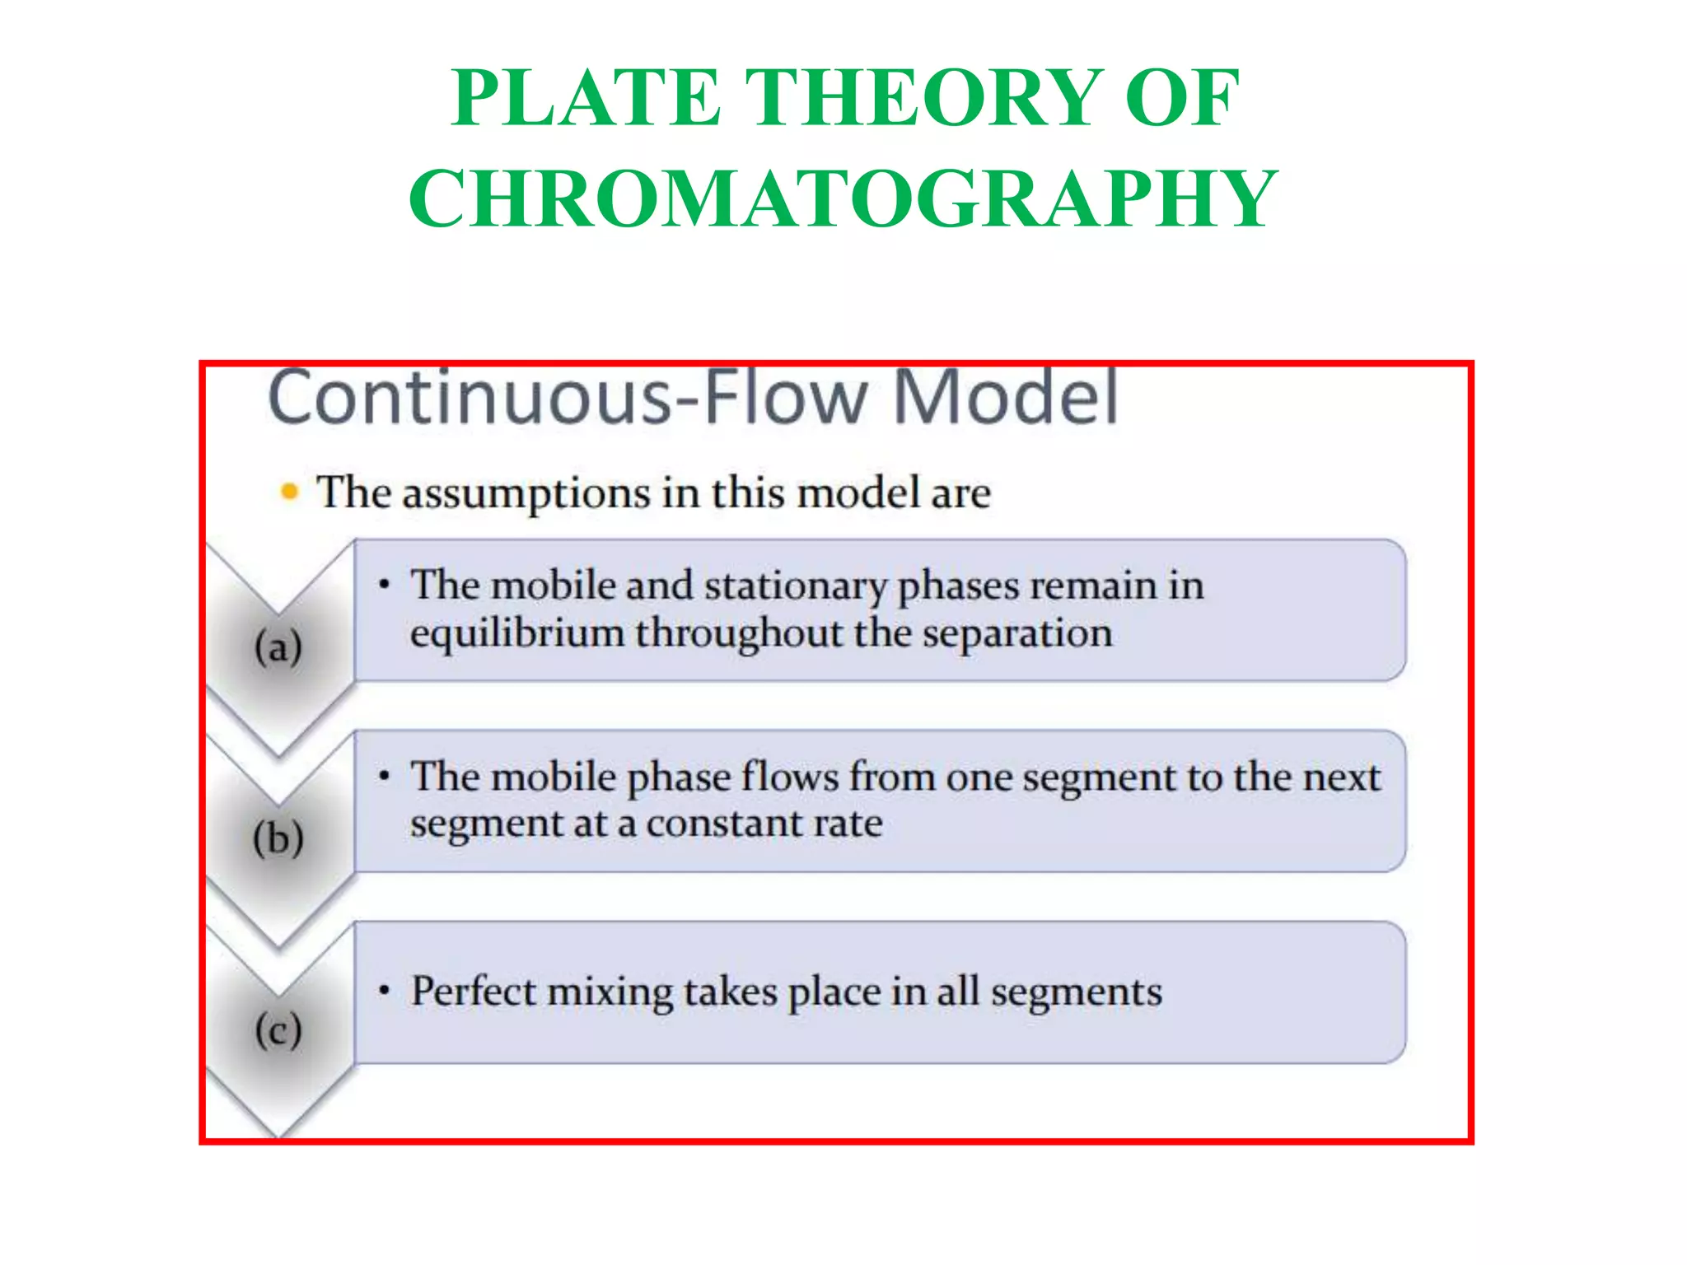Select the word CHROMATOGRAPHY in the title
pos(843,199)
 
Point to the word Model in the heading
pos(1006,399)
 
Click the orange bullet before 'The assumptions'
pos(289,492)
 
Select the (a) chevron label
pos(278,647)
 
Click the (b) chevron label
pos(278,839)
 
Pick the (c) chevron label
pos(278,1030)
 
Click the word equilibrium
pos(516,634)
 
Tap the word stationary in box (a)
pos(795,586)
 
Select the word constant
pos(722,824)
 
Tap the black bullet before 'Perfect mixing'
pos(384,991)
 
